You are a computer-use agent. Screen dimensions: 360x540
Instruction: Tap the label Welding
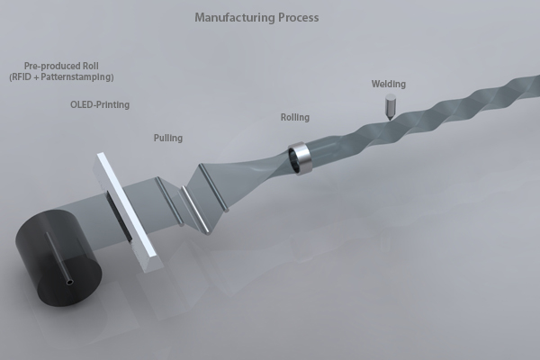point(389,85)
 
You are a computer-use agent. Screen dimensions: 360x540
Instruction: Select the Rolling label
point(295,117)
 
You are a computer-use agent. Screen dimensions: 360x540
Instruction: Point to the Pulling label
point(167,138)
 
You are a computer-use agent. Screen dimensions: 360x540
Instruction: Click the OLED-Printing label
point(100,105)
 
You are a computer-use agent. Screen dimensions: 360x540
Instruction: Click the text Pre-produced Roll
point(67,67)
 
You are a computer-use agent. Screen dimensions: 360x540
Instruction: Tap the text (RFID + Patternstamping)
point(68,77)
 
